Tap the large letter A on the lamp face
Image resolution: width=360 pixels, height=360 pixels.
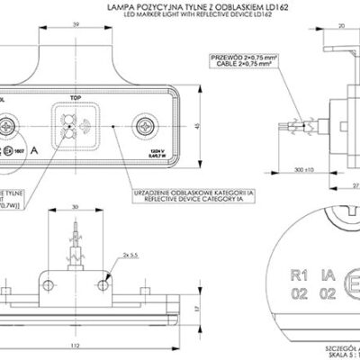click(35, 150)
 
